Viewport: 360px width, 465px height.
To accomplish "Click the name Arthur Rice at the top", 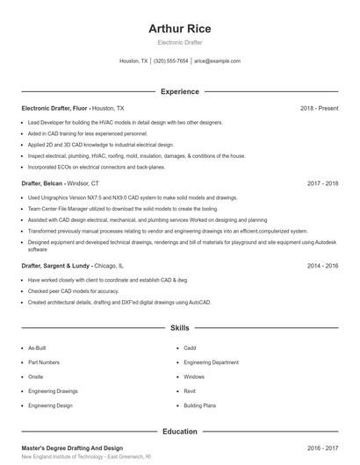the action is point(179,29).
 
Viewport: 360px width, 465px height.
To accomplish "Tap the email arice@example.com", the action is point(217,61).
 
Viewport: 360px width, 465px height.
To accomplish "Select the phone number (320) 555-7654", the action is point(171,61).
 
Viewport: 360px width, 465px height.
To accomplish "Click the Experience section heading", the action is point(179,91).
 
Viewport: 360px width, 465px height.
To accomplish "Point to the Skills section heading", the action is point(179,328).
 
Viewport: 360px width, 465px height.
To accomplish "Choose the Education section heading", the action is point(179,432).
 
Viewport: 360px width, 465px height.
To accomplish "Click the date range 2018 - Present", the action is point(319,108).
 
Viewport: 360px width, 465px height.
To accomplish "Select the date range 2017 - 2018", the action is point(322,184).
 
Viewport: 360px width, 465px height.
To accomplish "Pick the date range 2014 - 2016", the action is point(322,264).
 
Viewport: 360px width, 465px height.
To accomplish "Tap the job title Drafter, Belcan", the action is point(42,184).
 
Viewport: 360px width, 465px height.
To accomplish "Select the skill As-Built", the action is point(37,347).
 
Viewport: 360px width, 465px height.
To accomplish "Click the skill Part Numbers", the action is point(44,362).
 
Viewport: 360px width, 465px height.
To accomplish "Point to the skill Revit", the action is point(190,391).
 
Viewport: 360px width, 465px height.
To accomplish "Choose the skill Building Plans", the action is point(200,406).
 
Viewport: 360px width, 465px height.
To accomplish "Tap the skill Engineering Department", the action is point(211,362).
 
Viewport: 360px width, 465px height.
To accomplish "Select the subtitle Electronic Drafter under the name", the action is point(179,42).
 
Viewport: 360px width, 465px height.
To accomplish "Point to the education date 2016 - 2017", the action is point(322,447).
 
